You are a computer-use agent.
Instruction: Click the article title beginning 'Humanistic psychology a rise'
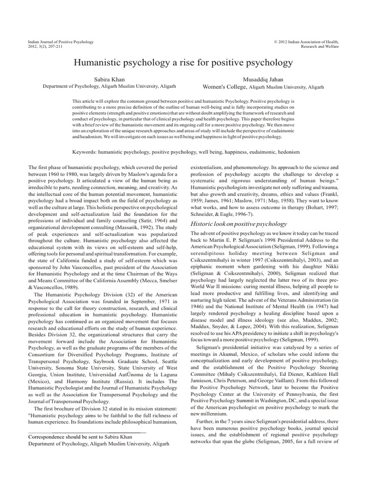(183, 63)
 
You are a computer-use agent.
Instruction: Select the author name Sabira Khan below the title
(110, 78)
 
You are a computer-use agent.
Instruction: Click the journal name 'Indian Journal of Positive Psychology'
(61, 42)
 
